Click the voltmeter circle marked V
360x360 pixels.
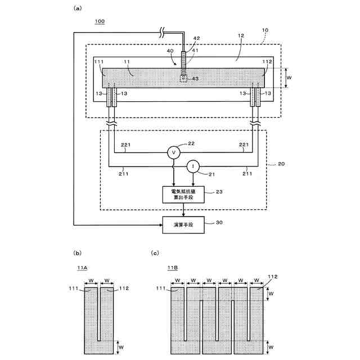(173, 152)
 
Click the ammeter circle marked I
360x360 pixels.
(193, 166)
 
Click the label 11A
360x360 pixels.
(82, 269)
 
